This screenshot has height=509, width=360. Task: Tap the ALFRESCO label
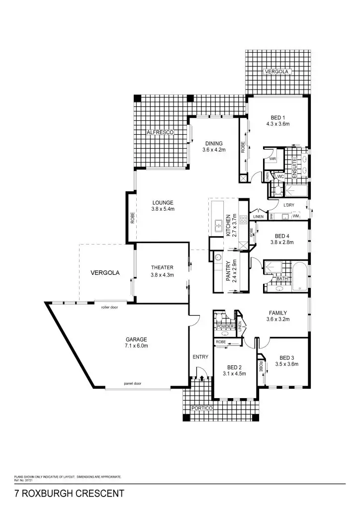159,133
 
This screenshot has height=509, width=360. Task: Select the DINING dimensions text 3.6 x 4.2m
214,150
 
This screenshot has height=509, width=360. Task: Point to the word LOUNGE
163,202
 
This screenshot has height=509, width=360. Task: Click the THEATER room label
162,267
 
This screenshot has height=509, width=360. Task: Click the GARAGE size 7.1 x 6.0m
136,345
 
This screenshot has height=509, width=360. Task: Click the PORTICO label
202,408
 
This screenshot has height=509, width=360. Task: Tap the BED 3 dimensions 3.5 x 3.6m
286,364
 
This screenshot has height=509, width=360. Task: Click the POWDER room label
225,327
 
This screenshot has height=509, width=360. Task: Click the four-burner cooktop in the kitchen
244,220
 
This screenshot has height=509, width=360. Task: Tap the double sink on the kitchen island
218,226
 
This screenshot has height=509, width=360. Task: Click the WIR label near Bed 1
272,159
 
